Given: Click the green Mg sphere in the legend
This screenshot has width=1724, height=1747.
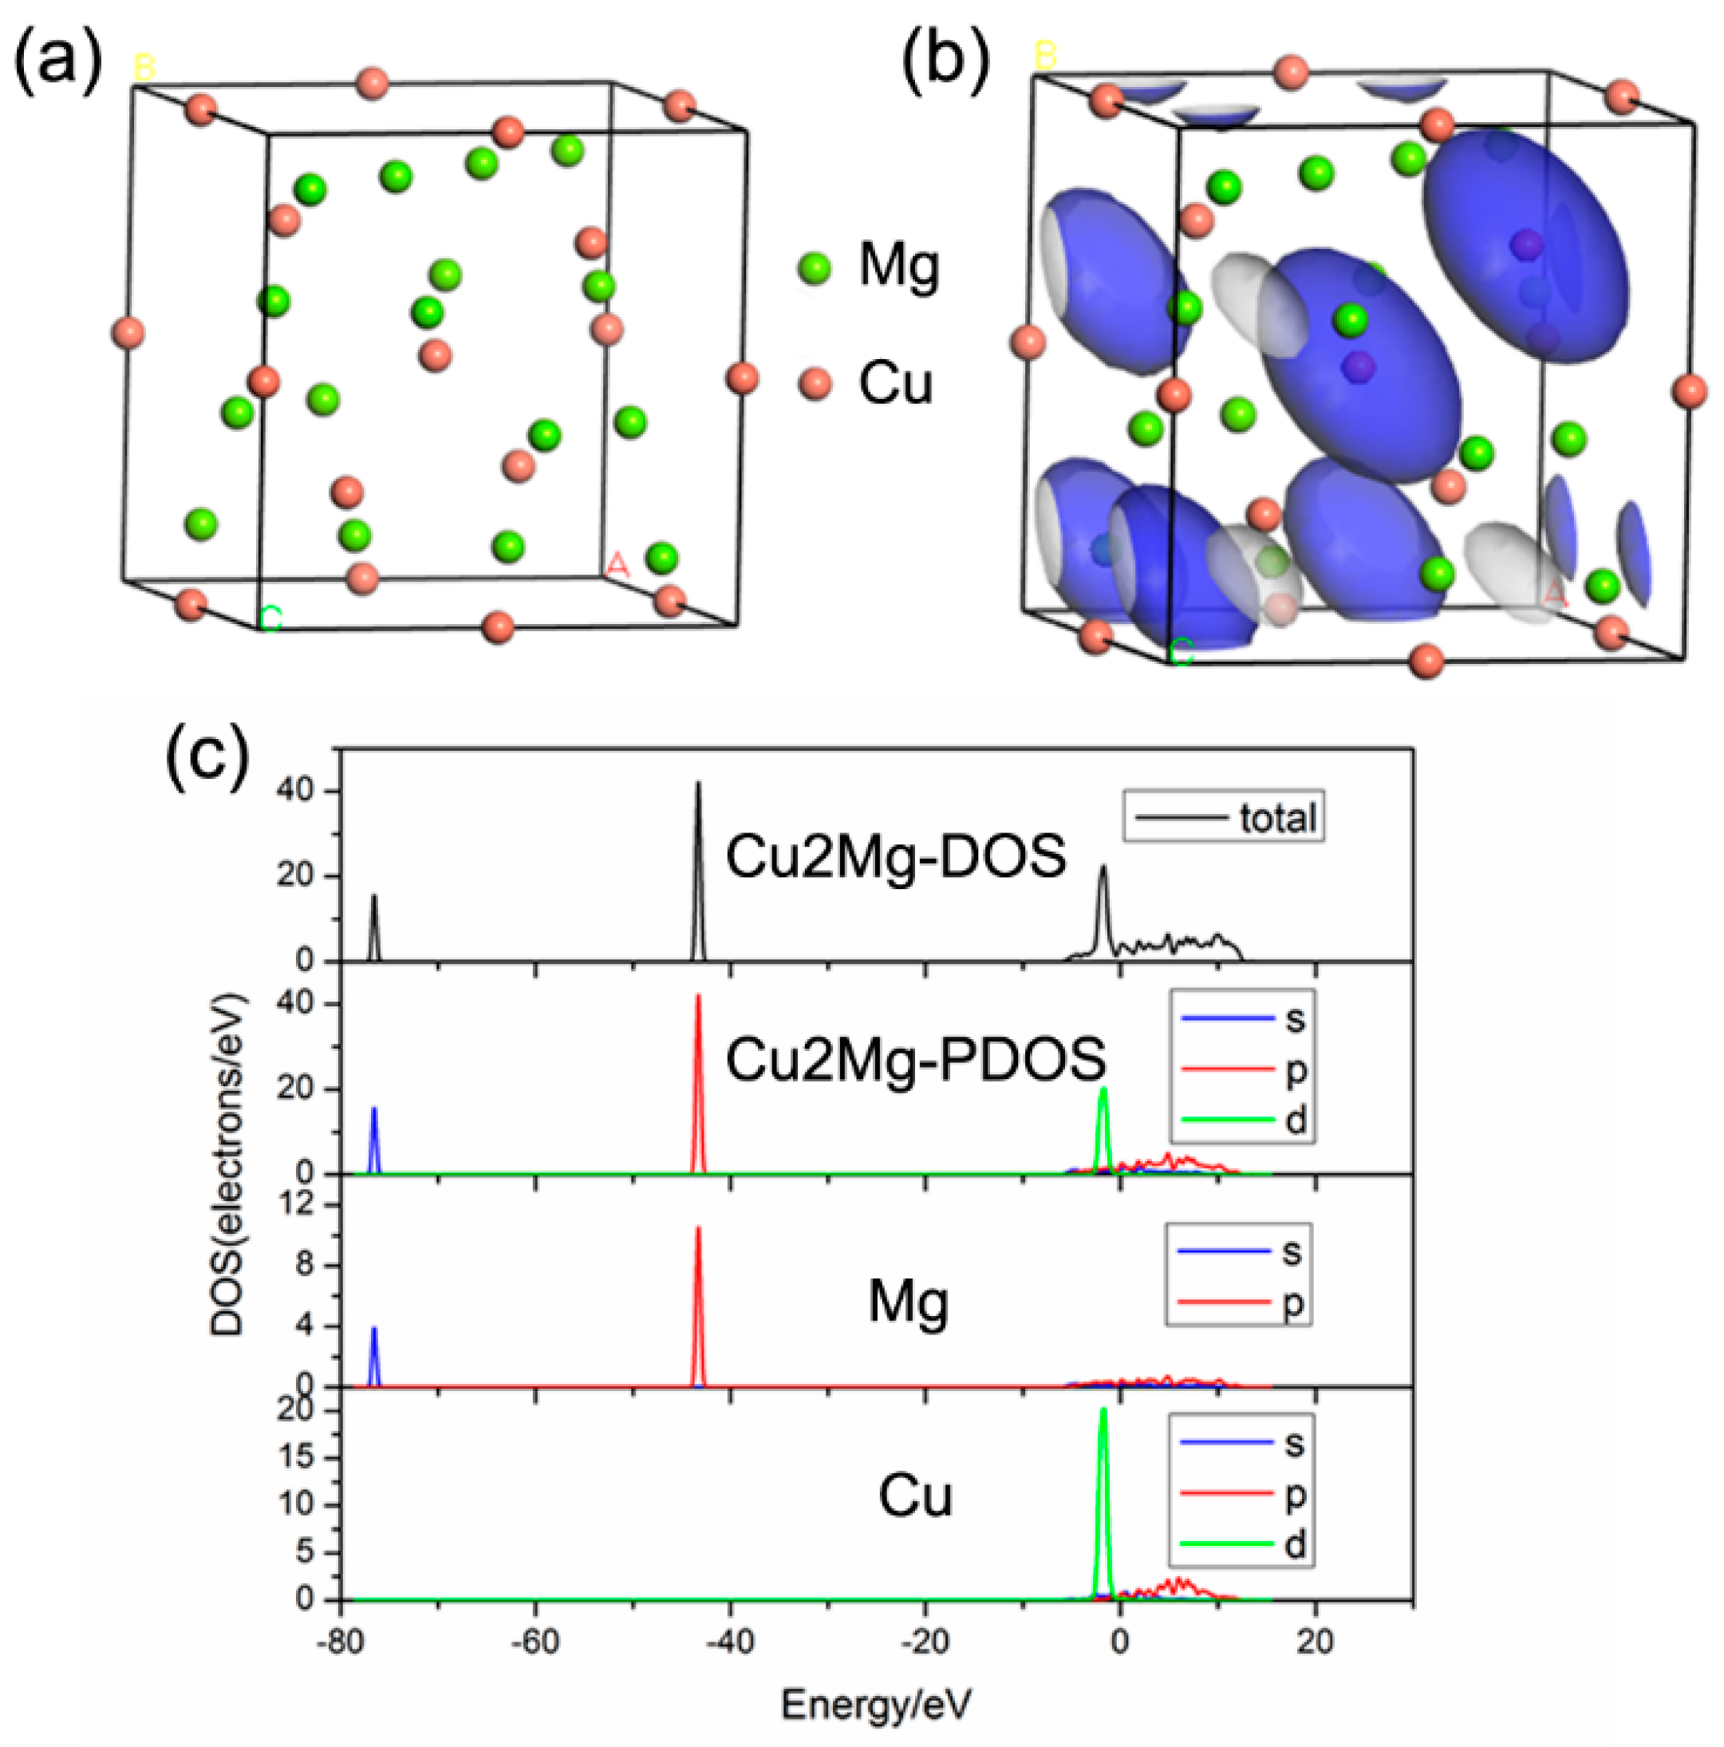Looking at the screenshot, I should point(815,267).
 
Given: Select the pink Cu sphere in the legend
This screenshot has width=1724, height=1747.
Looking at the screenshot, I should point(815,385).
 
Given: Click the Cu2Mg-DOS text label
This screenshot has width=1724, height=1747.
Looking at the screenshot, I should point(895,856).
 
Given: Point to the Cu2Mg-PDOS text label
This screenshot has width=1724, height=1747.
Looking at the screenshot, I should point(915,1059).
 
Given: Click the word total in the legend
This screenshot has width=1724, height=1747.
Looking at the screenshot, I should point(1276,818).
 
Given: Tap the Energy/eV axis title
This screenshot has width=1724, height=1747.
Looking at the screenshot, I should point(875,1705).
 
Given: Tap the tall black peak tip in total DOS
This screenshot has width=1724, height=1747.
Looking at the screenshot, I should point(698,785).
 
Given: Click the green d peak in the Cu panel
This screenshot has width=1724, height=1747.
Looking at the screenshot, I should point(1103,1412).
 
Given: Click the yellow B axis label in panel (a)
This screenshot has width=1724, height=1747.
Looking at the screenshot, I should point(144,67).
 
